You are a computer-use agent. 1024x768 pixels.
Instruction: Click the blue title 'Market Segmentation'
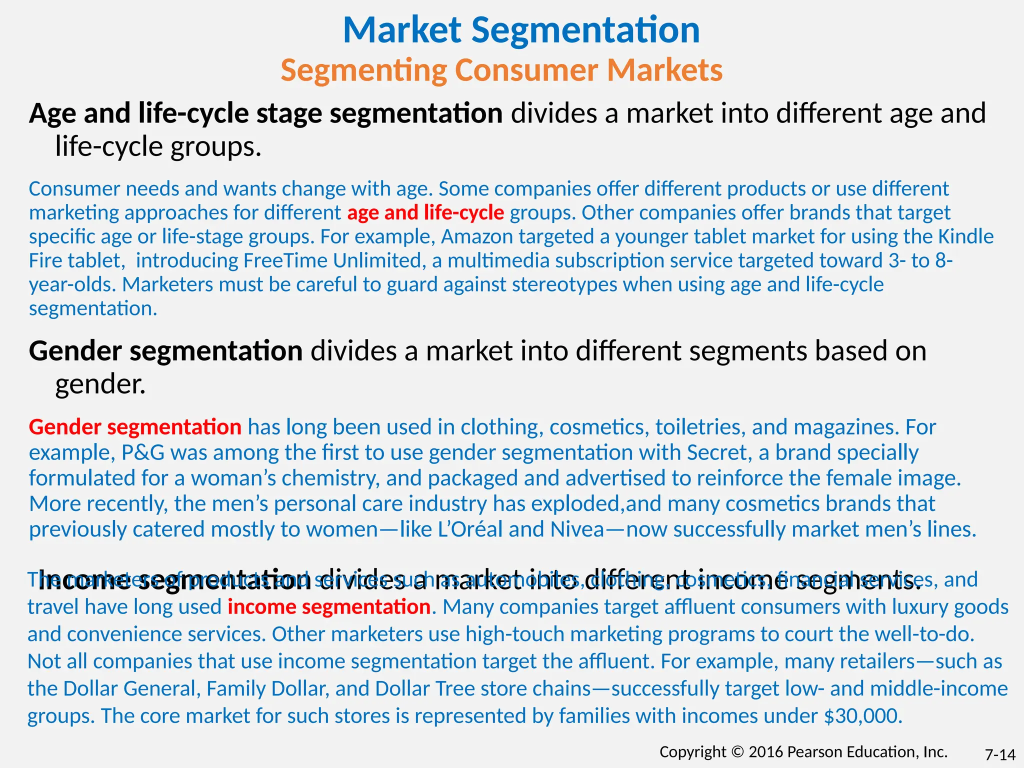pos(521,30)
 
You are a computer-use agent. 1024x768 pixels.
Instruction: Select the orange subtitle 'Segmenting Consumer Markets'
pos(501,70)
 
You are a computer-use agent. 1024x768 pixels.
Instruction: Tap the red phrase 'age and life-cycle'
pos(425,212)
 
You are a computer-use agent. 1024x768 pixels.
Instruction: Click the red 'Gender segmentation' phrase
pos(135,427)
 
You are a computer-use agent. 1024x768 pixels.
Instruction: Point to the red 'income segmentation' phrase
pos(329,607)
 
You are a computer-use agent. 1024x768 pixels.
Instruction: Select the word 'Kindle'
pos(965,236)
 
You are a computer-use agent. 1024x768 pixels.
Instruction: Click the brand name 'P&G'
pos(143,452)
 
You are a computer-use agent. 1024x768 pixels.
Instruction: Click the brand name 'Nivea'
pos(577,529)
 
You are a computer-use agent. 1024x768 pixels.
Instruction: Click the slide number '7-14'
pos(1000,754)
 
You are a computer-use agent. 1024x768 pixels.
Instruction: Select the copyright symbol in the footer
pos(737,752)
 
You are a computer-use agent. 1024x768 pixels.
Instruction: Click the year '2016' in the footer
pos(766,752)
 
